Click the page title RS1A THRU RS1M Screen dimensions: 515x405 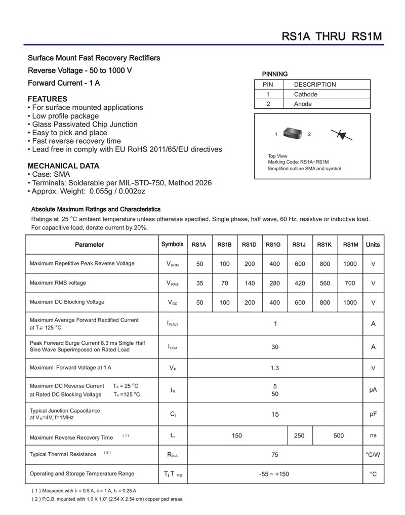coord(332,36)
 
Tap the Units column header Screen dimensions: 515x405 coord(373,245)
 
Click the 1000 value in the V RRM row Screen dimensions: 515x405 coord(350,264)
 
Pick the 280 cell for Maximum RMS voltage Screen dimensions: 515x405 coord(274,284)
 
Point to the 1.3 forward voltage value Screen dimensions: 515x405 coord(274,368)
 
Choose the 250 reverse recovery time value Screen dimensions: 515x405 coord(299,435)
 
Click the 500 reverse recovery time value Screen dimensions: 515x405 coord(339,435)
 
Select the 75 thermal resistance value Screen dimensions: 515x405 coord(275,455)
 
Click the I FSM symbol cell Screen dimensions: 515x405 coord(172,347)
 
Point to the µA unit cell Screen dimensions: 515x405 coord(373,390)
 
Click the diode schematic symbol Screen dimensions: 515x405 coord(342,135)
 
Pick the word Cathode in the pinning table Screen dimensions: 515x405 coord(306,94)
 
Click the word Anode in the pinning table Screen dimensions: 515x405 coord(303,104)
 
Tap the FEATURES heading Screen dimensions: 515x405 coord(47,99)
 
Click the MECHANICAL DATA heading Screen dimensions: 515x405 coord(63,166)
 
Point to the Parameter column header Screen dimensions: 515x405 coord(89,245)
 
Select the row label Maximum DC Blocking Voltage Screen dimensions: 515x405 coord(67,302)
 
